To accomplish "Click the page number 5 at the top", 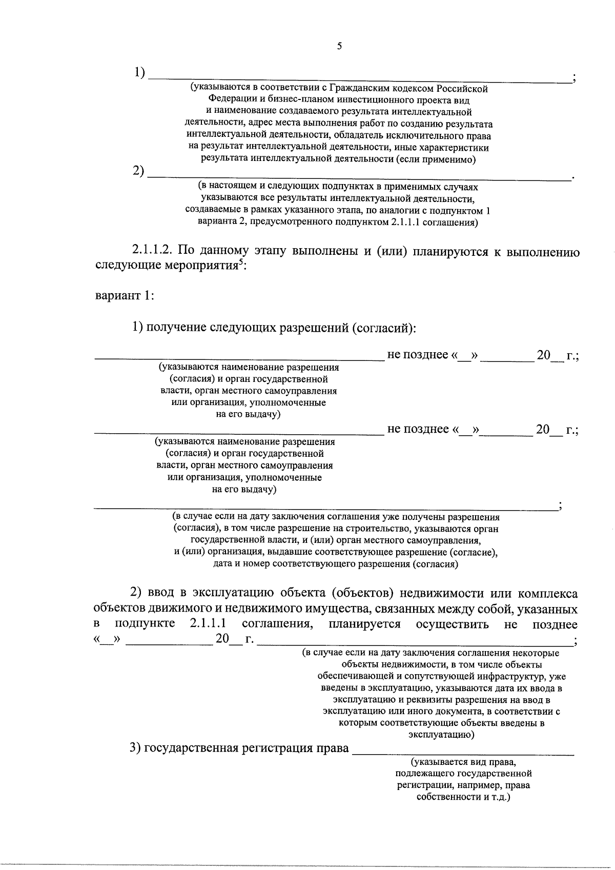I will point(339,47).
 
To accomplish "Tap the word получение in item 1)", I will point(177,328).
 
